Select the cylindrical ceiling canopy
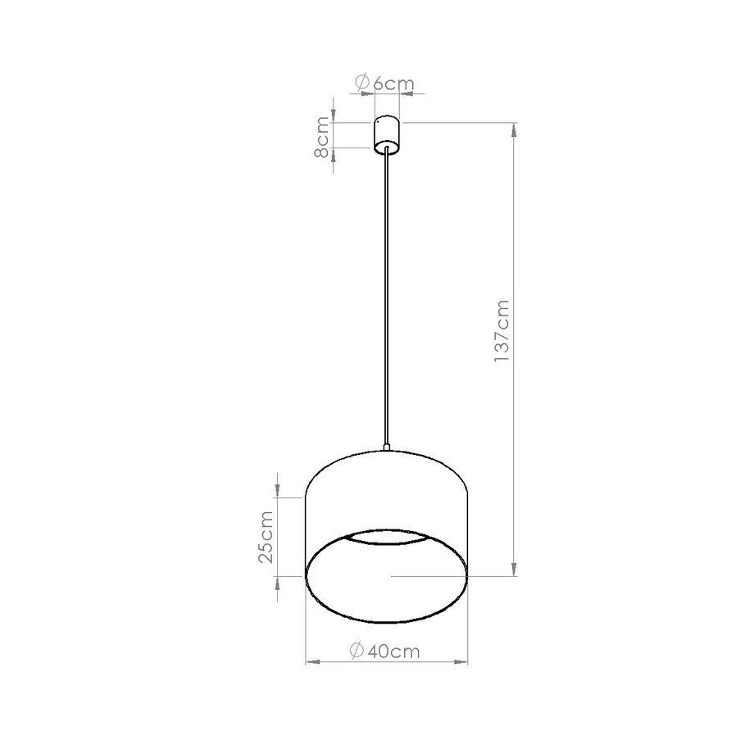pyautogui.click(x=386, y=135)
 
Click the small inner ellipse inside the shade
pyautogui.click(x=386, y=538)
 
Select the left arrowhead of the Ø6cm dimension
pyautogui.click(x=369, y=94)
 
